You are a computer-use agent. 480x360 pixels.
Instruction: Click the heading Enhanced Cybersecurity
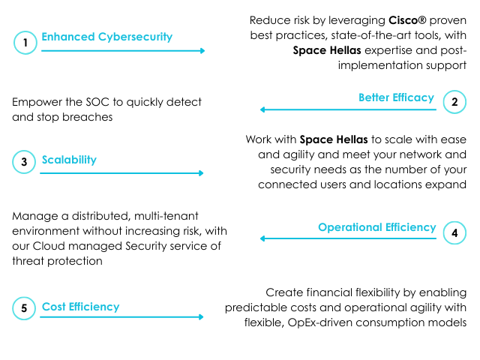pos(106,37)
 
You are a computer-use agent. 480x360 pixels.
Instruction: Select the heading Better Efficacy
pos(397,97)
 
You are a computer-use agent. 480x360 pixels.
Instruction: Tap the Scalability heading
pos(69,160)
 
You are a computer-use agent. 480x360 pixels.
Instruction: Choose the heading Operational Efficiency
pos(377,227)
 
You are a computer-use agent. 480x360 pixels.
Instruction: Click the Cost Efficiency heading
pos(80,307)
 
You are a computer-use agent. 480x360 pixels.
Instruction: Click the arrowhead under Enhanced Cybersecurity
pos(202,51)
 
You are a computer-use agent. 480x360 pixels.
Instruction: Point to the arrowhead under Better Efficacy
pos(262,109)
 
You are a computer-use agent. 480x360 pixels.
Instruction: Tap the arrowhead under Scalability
pos(201,173)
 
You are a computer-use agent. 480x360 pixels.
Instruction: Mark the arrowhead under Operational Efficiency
pos(262,238)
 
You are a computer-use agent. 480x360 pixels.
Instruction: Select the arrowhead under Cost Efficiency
pos(201,317)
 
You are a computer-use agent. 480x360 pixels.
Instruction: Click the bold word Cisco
pos(403,20)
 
